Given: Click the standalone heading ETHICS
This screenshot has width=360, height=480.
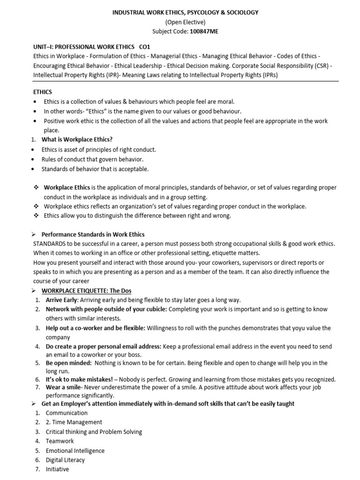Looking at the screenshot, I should pyautogui.click(x=43, y=92).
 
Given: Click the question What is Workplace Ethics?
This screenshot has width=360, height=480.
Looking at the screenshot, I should pyautogui.click(x=77, y=139).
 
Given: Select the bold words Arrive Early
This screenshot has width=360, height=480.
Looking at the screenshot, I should pyautogui.click(x=61, y=300).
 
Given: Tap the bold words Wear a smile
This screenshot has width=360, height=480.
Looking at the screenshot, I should pyautogui.click(x=65, y=388).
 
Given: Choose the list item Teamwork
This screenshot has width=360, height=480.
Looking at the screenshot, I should pyautogui.click(x=60, y=441).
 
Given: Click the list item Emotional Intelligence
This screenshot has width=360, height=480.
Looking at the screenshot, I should pyautogui.click(x=75, y=450).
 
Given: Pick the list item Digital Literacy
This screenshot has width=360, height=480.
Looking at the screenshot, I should pyautogui.click(x=65, y=460).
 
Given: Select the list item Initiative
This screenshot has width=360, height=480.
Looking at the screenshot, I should pyautogui.click(x=57, y=469).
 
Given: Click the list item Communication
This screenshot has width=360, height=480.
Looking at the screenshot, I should pyautogui.click(x=67, y=413).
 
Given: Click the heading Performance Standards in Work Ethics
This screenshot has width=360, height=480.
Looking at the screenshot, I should pyautogui.click(x=93, y=234).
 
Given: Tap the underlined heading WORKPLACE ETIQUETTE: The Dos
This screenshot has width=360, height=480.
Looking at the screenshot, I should pyautogui.click(x=86, y=291).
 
